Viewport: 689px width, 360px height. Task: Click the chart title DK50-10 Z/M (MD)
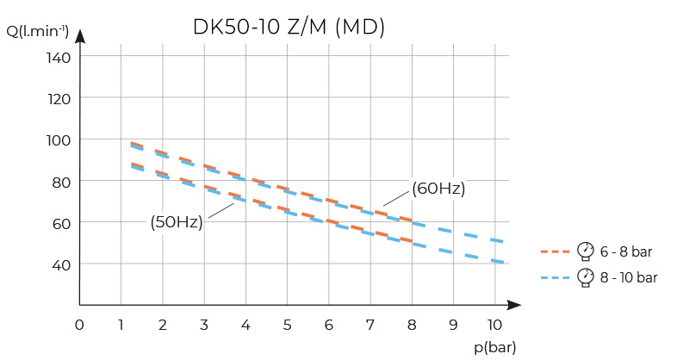point(289,27)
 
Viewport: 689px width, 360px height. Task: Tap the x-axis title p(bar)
point(493,346)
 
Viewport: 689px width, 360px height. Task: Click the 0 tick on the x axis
point(79,325)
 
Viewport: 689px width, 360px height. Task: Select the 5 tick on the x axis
point(287,325)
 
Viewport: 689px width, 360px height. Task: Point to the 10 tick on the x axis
point(493,325)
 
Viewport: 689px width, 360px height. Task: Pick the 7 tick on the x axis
point(370,325)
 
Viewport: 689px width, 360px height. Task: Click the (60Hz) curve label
point(438,189)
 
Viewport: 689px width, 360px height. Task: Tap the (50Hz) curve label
point(177,222)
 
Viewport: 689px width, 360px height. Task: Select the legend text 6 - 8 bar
point(627,251)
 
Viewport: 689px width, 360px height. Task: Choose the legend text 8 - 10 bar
point(630,277)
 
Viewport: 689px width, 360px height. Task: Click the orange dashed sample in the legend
point(556,251)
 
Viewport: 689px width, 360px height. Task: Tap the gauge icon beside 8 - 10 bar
point(586,276)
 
